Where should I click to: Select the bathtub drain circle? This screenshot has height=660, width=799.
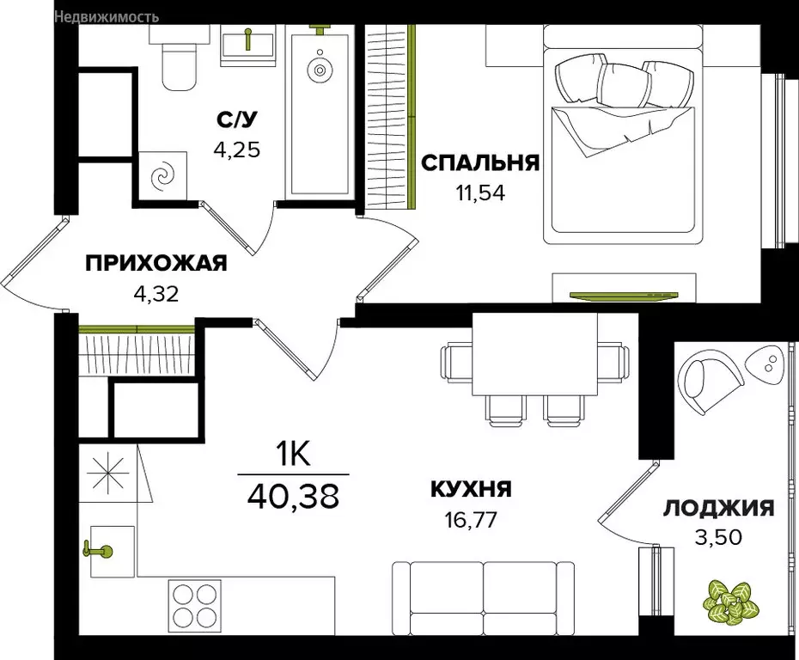tap(320, 70)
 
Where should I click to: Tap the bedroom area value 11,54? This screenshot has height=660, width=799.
tap(479, 192)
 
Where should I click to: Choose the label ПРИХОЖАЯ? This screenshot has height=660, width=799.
tap(156, 264)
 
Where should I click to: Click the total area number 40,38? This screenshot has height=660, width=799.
tap(293, 496)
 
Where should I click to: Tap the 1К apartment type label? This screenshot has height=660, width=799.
tap(293, 454)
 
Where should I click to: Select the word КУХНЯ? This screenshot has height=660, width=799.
tap(472, 490)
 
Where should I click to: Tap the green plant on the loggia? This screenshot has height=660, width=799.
tap(727, 601)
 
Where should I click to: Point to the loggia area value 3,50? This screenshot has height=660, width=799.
tap(719, 538)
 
